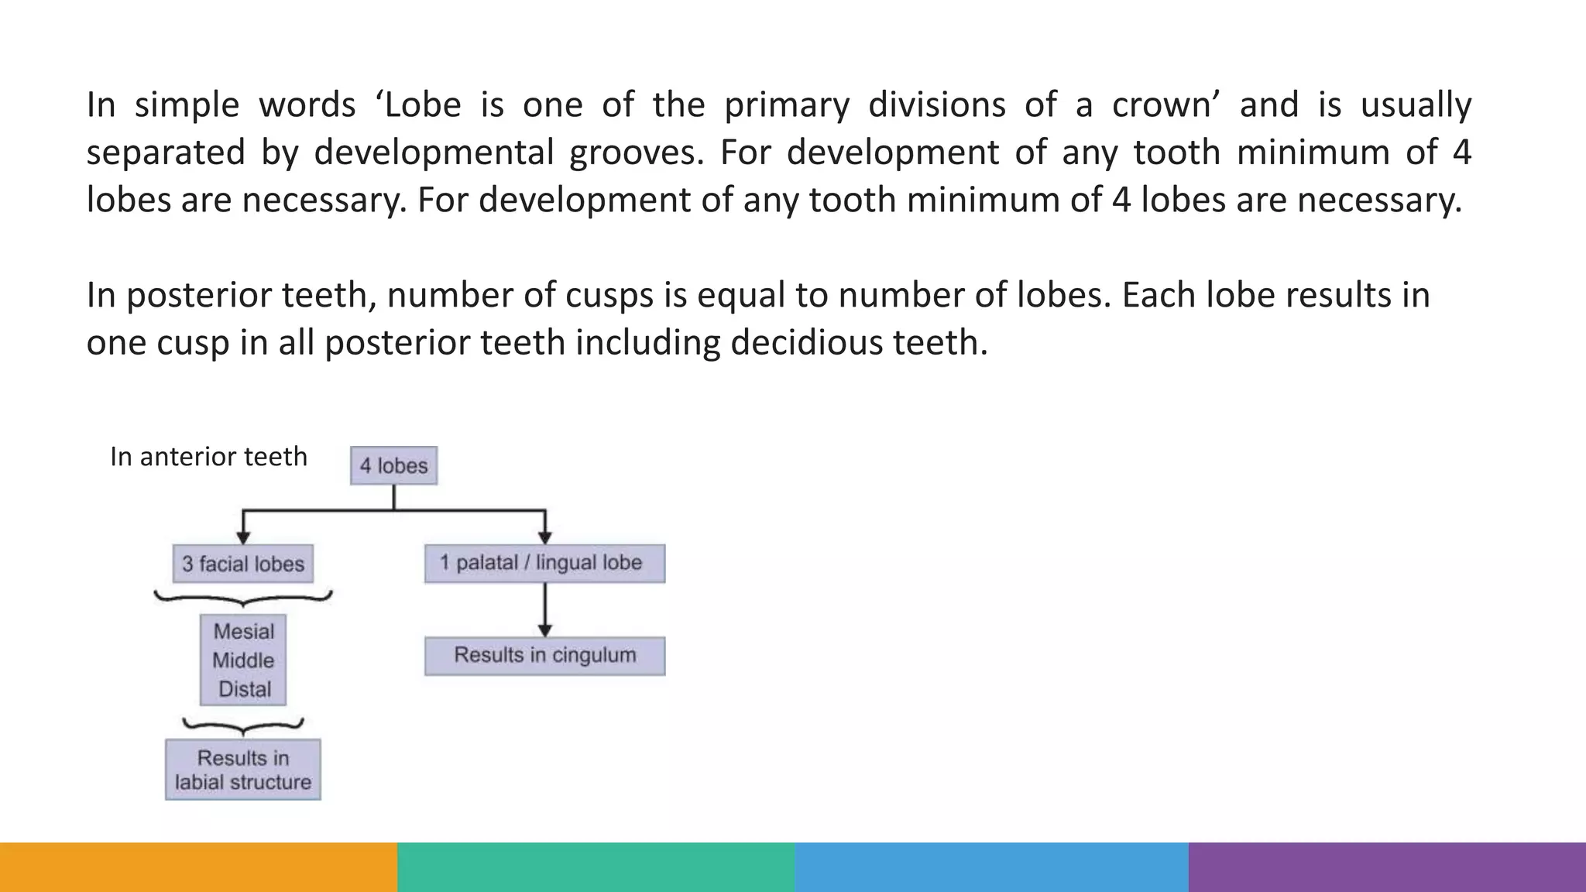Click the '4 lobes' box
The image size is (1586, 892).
click(x=393, y=465)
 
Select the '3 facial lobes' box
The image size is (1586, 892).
click(x=243, y=564)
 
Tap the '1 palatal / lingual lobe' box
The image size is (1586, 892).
click(x=544, y=563)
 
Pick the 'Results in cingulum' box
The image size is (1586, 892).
click(x=544, y=656)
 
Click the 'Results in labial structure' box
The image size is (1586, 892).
click(x=243, y=770)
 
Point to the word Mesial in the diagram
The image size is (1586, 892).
click(x=244, y=632)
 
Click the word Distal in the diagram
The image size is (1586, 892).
click(x=245, y=689)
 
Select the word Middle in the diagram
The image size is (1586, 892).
click(x=243, y=660)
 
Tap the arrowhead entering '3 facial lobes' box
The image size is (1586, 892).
click(x=243, y=538)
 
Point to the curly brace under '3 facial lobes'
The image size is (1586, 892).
click(x=243, y=597)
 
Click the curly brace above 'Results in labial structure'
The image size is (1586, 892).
click(x=243, y=726)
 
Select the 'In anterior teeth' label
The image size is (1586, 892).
click(x=208, y=457)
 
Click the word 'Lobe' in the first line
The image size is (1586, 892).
click(x=423, y=105)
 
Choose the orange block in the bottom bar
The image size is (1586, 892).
click(x=198, y=867)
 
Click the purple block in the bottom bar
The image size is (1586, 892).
click(x=1387, y=867)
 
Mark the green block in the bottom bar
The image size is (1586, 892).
click(x=596, y=867)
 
